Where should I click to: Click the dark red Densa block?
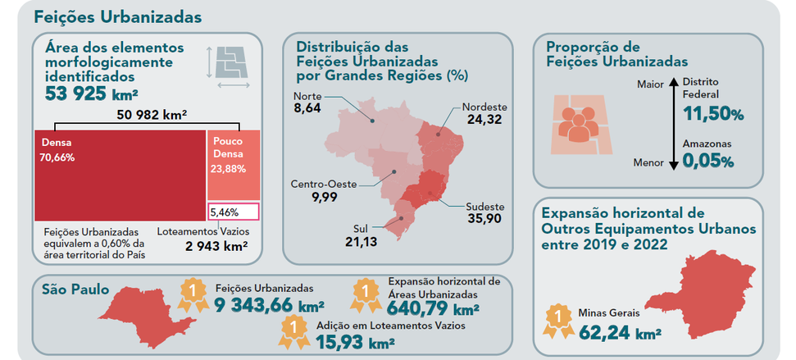click(120, 175)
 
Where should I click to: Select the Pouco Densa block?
click(234, 165)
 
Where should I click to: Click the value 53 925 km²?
click(92, 94)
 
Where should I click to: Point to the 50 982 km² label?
click(152, 115)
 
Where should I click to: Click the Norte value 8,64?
click(307, 109)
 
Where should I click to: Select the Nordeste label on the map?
click(484, 107)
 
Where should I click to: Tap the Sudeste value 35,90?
click(484, 219)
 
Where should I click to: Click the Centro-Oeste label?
click(324, 184)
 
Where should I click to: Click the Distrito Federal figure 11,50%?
click(713, 114)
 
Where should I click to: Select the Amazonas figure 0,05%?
click(708, 162)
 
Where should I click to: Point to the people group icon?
click(578, 124)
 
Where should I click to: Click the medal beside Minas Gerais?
click(558, 321)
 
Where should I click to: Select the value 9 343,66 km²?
click(270, 305)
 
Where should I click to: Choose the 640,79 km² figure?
click(433, 308)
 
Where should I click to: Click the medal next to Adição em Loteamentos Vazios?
click(294, 332)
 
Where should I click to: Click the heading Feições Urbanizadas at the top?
click(118, 17)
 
